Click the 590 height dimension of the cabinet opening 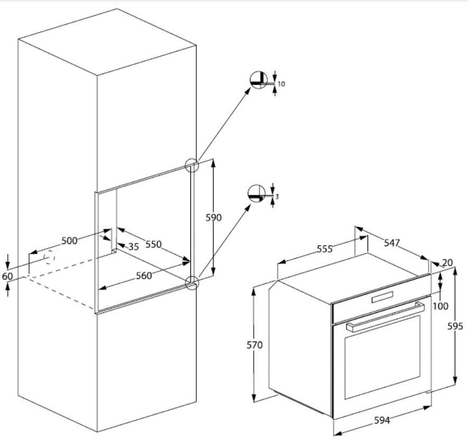[x=214, y=218]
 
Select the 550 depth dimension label [x=153, y=245]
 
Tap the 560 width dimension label [x=143, y=275]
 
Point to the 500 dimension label [x=69, y=241]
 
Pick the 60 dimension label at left [x=7, y=276]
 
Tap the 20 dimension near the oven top [x=447, y=263]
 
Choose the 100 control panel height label [x=440, y=306]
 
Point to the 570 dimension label [x=255, y=345]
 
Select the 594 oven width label [x=382, y=420]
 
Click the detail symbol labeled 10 [x=259, y=79]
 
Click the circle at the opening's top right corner [x=191, y=165]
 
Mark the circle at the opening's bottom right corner [x=192, y=283]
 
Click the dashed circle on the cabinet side [x=49, y=257]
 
